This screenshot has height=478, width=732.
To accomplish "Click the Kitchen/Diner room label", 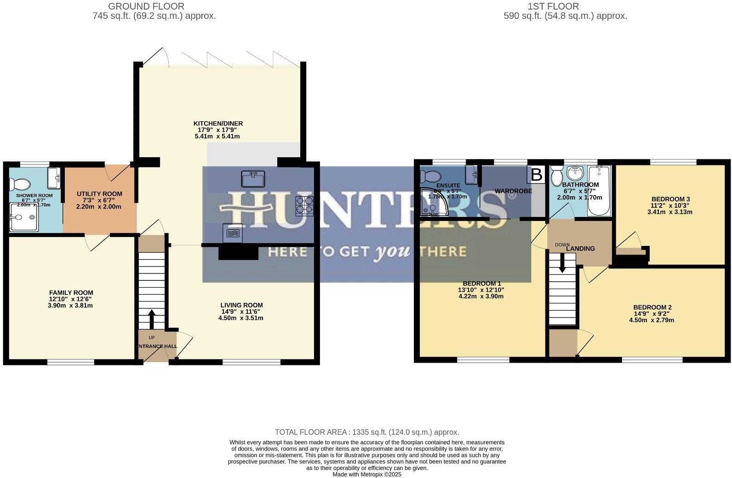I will [218, 124].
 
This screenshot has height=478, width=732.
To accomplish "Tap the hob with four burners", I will [304, 206].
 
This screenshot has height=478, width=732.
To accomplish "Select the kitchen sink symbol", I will [253, 179].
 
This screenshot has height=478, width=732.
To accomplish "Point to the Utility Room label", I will [99, 194].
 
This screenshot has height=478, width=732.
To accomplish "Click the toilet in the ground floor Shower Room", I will [21, 184].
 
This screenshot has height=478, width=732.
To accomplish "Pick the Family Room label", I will [71, 293].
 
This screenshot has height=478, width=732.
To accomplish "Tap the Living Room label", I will [241, 305].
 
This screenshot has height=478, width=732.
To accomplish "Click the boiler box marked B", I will [536, 175].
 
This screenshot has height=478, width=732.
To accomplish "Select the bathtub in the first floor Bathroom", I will [600, 191].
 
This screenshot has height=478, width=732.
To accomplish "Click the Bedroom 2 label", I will [652, 307].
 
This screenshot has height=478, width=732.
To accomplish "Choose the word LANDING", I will [581, 249].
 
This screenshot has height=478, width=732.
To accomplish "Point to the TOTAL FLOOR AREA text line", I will [366, 432].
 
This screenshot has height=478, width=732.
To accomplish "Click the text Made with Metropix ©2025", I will [367, 474].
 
